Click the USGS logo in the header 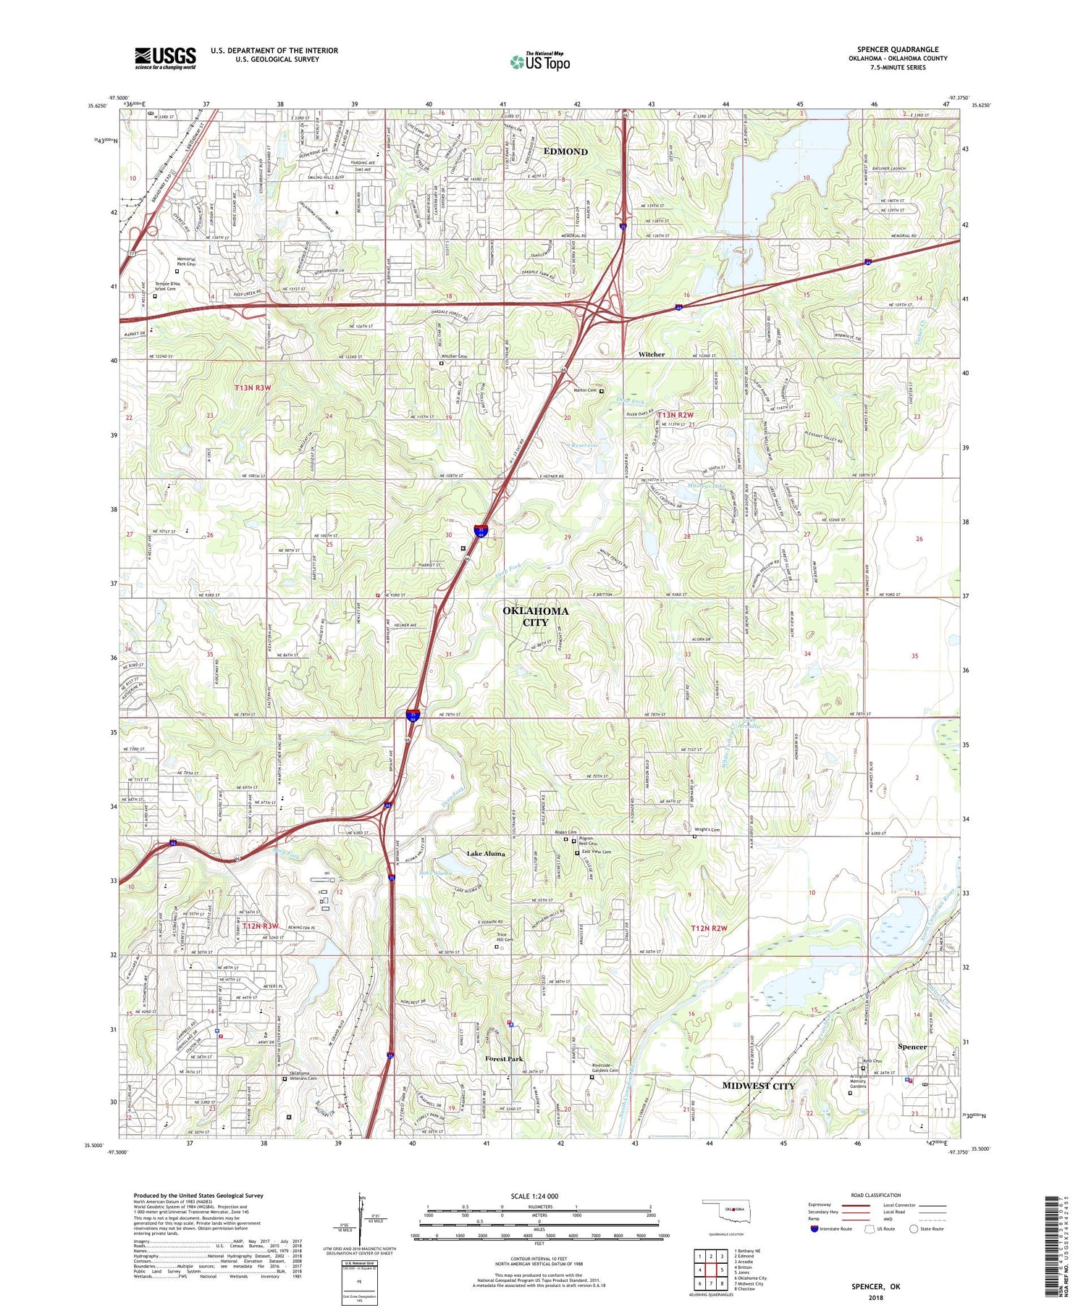pyautogui.click(x=165, y=58)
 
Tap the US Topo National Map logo pyautogui.click(x=539, y=62)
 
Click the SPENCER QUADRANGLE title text pyautogui.click(x=897, y=49)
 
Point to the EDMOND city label pyautogui.click(x=565, y=151)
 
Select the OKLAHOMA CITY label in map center pyautogui.click(x=536, y=616)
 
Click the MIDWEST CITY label pyautogui.click(x=758, y=1086)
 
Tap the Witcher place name pyautogui.click(x=651, y=354)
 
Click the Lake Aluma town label pyautogui.click(x=486, y=854)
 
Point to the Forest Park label pyautogui.click(x=504, y=1059)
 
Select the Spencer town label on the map pyautogui.click(x=912, y=1047)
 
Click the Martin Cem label pyautogui.click(x=585, y=390)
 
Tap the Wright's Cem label pyautogui.click(x=707, y=830)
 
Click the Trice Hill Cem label pyautogui.click(x=504, y=937)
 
